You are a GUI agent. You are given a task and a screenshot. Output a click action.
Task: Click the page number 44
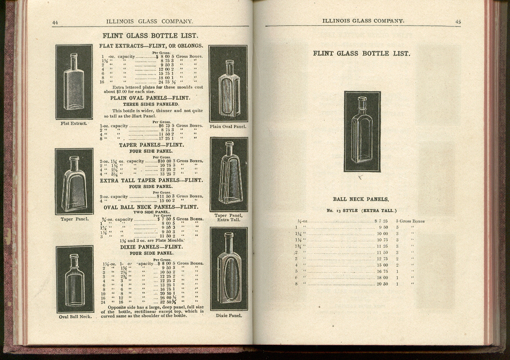[55, 23]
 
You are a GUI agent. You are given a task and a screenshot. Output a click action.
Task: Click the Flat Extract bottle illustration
[74, 82]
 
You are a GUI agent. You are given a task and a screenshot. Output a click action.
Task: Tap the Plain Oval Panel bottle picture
[228, 84]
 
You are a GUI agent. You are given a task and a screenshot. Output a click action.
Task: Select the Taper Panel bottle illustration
[74, 182]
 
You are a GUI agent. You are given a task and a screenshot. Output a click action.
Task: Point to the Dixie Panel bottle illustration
[229, 269]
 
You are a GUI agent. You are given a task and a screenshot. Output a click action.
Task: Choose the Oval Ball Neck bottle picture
[75, 279]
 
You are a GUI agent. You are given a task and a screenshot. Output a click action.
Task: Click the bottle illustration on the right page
[362, 131]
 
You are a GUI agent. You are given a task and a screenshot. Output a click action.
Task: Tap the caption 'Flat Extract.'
[74, 123]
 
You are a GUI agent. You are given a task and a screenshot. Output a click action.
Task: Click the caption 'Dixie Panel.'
[229, 316]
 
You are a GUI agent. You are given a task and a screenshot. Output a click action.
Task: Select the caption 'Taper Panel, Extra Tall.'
[228, 218]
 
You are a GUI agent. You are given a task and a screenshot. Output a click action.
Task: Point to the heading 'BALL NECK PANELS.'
[361, 199]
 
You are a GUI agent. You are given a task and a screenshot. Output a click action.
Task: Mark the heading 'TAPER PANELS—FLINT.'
[151, 145]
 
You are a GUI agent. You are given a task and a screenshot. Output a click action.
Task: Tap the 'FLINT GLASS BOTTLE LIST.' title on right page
[362, 53]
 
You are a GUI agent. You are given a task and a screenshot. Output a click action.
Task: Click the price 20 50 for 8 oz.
[382, 284]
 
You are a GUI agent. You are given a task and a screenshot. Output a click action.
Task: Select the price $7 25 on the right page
[381, 221]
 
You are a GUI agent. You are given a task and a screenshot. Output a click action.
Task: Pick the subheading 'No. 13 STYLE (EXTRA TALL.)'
[361, 211]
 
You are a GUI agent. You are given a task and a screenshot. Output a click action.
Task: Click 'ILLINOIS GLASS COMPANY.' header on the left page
[150, 21]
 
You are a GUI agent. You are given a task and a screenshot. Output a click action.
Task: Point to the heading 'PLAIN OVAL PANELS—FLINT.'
[150, 98]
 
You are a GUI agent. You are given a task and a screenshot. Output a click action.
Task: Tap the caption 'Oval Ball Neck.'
[75, 317]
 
